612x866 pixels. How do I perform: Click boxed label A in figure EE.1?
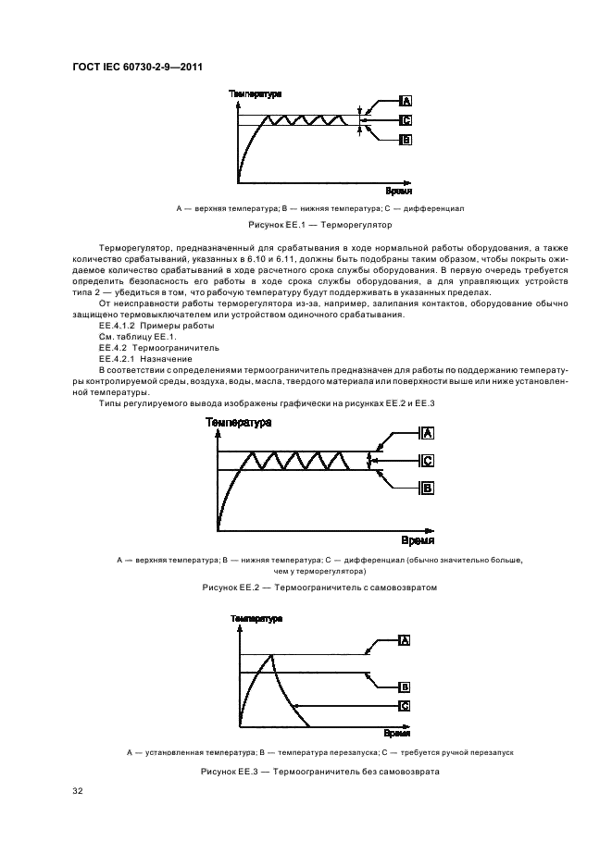[406, 101]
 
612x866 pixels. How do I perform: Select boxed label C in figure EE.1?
[406, 120]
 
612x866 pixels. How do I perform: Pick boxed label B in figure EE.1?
[406, 140]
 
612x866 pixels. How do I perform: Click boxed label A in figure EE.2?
[427, 433]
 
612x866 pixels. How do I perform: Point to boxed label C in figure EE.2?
[427, 461]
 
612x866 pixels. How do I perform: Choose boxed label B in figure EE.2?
[427, 488]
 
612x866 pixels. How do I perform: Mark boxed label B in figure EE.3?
[405, 687]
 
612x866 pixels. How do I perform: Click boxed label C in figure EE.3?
[405, 706]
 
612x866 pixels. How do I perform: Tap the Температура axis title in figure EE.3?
[256, 617]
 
